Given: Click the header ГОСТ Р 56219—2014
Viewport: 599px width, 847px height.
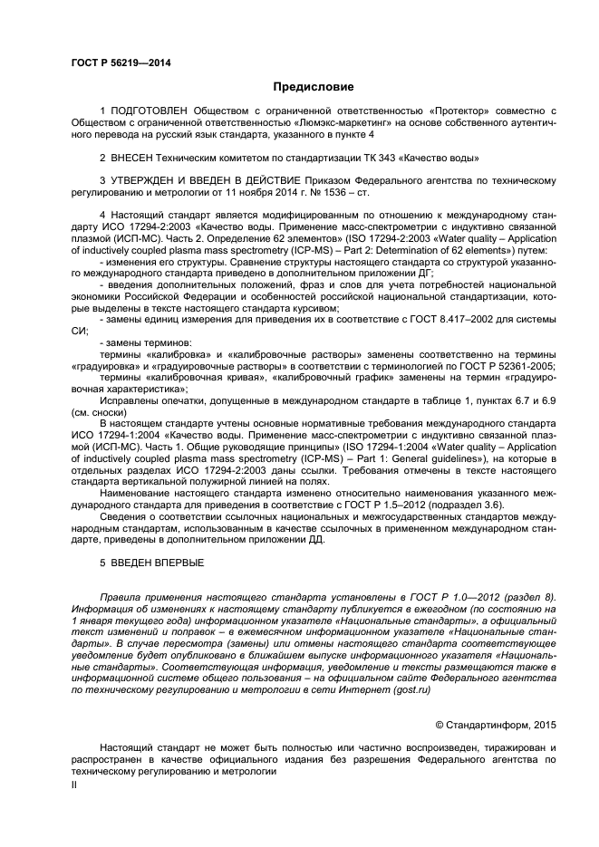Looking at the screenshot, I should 120,63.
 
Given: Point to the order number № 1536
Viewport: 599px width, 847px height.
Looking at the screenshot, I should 319,193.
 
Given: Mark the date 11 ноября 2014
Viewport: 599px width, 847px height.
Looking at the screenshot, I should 257,193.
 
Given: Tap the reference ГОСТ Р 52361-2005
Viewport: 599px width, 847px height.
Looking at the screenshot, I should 507,365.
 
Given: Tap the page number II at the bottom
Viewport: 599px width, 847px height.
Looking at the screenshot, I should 75,786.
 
